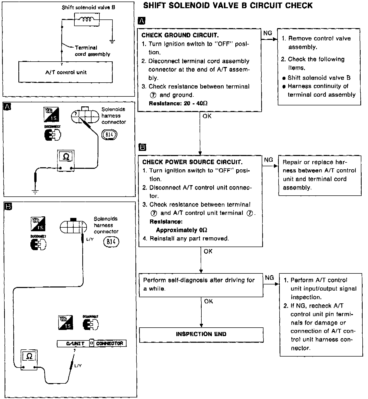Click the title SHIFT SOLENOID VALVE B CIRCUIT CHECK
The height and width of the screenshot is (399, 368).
pos(228,6)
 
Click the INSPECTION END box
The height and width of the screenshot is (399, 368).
pos(201,334)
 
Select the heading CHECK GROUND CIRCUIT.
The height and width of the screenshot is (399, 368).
pos(180,35)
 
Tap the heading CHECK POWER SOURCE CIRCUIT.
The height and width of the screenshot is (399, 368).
pos(192,162)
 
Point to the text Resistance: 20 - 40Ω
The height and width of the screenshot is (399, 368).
pos(178,104)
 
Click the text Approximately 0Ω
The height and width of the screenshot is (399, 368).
pos(181,230)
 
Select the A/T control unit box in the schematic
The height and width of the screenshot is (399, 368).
pos(66,72)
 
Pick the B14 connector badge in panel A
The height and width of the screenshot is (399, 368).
pos(109,135)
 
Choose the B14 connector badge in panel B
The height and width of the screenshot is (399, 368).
pos(111,241)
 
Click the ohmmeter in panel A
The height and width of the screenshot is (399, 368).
pos(66,160)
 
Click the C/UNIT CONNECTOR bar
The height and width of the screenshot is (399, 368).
pos(91,343)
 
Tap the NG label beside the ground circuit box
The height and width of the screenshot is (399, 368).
pos(268,33)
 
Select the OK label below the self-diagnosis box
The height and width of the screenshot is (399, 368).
pos(208,302)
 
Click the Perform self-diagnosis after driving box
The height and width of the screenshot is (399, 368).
pos(201,285)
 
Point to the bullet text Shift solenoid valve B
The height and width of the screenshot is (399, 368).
pos(319,78)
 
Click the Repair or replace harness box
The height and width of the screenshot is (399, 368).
pos(319,175)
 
